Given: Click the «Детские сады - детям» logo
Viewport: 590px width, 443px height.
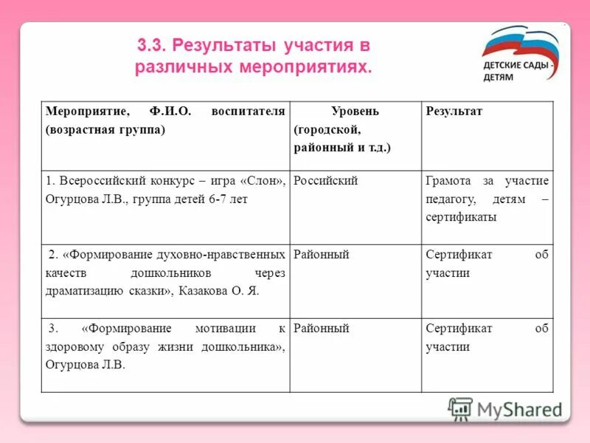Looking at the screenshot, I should [521, 58].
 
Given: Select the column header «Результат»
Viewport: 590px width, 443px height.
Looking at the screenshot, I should [454, 111].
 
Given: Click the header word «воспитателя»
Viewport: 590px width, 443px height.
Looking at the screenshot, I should [248, 111].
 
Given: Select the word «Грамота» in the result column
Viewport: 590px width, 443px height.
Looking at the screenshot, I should [451, 181].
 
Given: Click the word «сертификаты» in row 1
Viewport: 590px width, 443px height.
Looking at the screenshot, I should [461, 218].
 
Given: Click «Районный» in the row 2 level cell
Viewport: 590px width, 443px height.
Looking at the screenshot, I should [322, 255].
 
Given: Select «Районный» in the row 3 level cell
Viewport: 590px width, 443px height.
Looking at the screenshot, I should [322, 329].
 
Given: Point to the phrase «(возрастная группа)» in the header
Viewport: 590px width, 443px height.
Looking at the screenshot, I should [105, 129].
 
